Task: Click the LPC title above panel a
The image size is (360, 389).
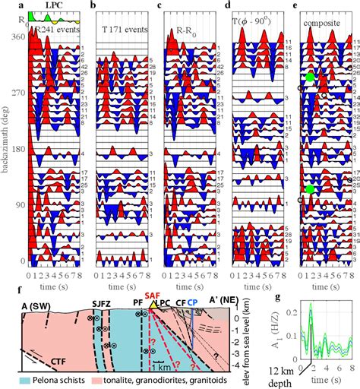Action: pyautogui.click(x=55, y=5)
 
